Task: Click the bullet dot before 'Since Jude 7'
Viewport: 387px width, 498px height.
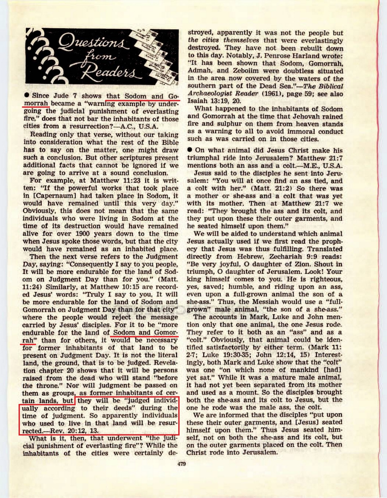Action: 27,95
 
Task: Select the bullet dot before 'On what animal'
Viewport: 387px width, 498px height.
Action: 190,150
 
